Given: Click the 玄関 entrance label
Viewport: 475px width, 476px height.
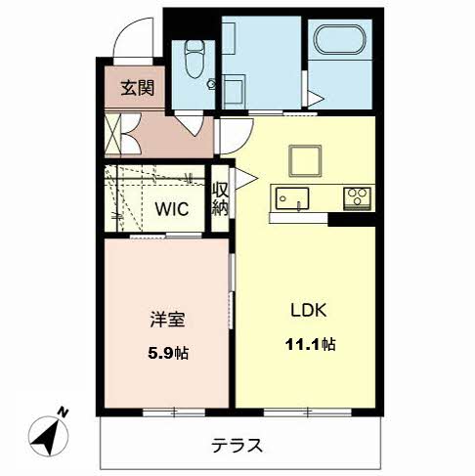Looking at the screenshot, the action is (x=138, y=88).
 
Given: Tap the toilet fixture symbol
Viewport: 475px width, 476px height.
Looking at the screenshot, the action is (x=194, y=59).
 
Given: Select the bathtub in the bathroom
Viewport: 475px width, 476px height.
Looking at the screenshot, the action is (x=339, y=39).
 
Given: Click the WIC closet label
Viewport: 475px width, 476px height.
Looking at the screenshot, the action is (x=172, y=209).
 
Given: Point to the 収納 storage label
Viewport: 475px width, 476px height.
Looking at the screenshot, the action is (x=221, y=198).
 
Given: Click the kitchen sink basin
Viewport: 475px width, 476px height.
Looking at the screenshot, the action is (x=292, y=198).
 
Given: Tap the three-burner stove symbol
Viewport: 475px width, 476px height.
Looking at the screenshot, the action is (x=357, y=198).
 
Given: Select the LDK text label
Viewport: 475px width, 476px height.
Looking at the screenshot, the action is (x=308, y=310).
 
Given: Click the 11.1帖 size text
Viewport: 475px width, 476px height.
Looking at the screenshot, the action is (x=310, y=344).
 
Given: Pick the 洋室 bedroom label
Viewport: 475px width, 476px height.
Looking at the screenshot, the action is (x=167, y=320).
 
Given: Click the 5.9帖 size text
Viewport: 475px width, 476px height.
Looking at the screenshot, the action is (x=168, y=353).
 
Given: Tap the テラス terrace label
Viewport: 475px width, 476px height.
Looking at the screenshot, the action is (x=237, y=446).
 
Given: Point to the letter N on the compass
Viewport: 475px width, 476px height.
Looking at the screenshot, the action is (x=63, y=412).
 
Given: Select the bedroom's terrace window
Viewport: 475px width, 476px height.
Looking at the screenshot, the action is (x=174, y=412).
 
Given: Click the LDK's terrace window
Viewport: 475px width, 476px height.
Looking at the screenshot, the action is (x=308, y=412).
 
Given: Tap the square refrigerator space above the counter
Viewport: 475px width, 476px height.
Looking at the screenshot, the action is (x=305, y=161).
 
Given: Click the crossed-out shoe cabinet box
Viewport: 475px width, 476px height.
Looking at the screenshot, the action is (x=112, y=133).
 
